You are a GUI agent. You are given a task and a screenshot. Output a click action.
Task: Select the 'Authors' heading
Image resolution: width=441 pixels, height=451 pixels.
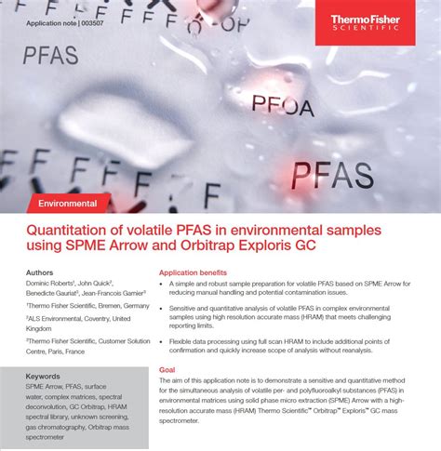click(40, 273)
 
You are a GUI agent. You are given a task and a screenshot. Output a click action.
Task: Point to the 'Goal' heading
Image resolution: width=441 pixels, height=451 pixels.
click(167, 370)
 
